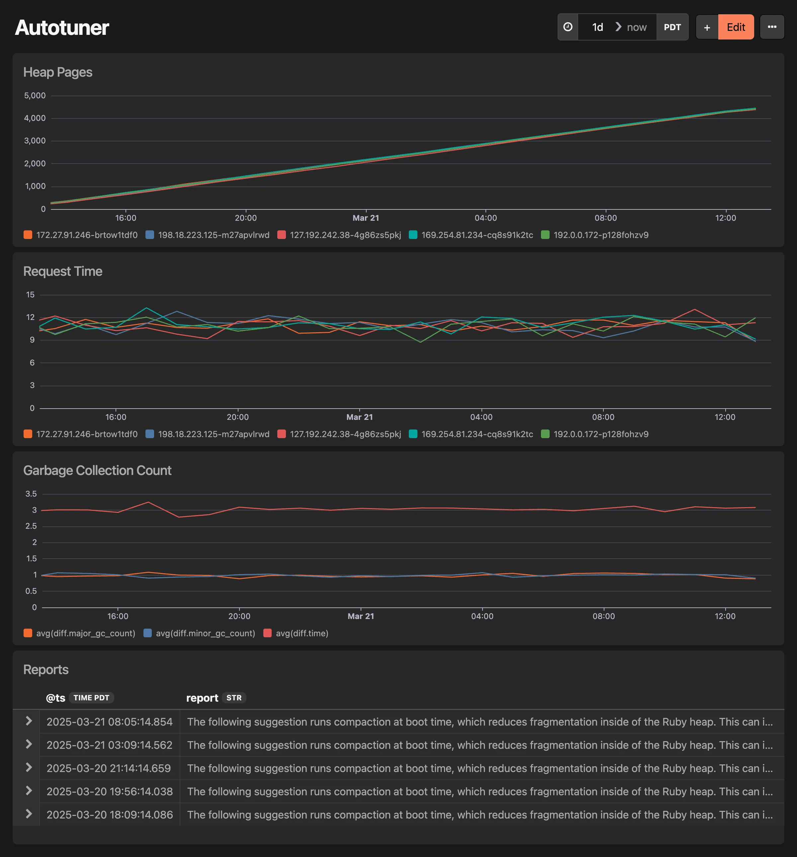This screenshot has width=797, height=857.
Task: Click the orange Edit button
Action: coord(736,27)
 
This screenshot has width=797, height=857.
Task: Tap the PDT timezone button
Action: coord(672,27)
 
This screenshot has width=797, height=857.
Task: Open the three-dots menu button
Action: coord(771,27)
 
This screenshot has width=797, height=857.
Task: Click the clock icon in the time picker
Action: coord(568,27)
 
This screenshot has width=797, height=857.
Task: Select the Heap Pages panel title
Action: coord(58,72)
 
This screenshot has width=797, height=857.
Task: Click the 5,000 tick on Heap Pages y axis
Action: coord(35,96)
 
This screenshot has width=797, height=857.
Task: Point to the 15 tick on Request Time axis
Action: coord(30,295)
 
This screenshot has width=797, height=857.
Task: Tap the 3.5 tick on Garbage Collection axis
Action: coord(31,494)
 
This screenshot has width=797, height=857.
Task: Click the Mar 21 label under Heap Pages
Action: coord(366,218)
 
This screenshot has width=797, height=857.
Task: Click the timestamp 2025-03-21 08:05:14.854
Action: coord(110,722)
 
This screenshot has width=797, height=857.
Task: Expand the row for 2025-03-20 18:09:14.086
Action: coord(29,814)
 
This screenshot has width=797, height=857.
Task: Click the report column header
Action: coord(202,698)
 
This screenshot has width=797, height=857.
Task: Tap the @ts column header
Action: coord(56,698)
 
